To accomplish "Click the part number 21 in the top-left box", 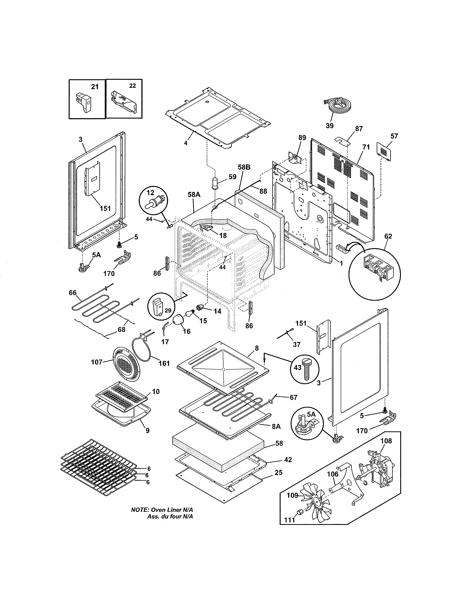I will (x=95, y=87).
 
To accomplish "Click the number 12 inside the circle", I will (x=150, y=193).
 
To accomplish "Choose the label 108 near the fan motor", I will (x=386, y=441).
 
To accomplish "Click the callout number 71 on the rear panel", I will (x=366, y=147).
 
